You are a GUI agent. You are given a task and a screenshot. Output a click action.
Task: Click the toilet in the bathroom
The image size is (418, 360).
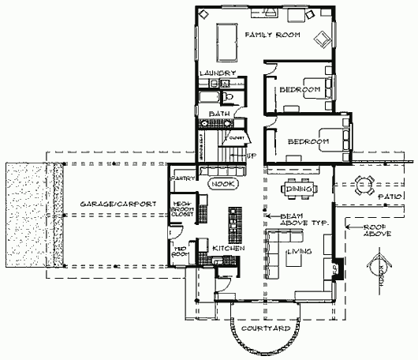(227, 96)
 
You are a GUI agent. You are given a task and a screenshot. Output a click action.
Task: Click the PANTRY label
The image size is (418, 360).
(183, 178)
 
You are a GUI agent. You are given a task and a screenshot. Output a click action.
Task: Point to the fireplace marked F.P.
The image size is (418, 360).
(335, 268)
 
